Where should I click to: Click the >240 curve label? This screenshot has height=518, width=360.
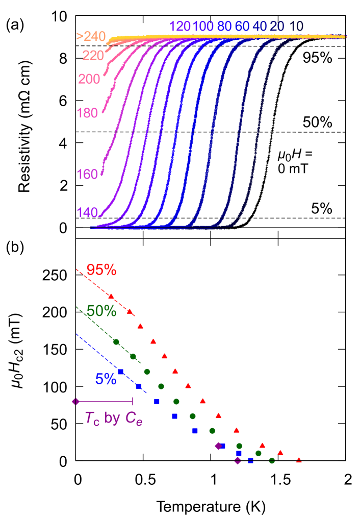point(91,37)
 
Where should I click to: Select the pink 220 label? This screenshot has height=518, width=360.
point(93,56)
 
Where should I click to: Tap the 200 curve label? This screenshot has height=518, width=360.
point(89,79)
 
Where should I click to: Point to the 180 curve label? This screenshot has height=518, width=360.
point(87,113)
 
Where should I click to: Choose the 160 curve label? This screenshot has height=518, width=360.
point(87,175)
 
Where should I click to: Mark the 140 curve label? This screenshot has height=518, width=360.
point(87,212)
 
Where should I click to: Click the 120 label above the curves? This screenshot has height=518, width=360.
point(180,27)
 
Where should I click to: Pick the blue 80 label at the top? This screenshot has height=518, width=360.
point(224,27)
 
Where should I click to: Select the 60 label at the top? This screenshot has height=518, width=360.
point(242,27)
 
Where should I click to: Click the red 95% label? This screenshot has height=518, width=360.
point(101,270)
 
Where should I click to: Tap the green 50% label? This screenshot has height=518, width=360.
point(101,311)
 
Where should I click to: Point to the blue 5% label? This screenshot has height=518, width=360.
point(106,379)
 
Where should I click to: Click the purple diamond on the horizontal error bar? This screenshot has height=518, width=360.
point(75,402)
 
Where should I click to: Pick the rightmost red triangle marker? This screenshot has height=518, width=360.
point(299,460)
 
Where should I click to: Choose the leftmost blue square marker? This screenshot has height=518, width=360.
point(121,372)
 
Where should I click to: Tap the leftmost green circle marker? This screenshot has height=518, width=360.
point(116,341)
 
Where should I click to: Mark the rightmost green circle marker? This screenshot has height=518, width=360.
point(272,460)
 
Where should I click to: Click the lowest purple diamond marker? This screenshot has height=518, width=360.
point(238,460)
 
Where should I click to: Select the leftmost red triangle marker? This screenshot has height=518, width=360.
point(111,297)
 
